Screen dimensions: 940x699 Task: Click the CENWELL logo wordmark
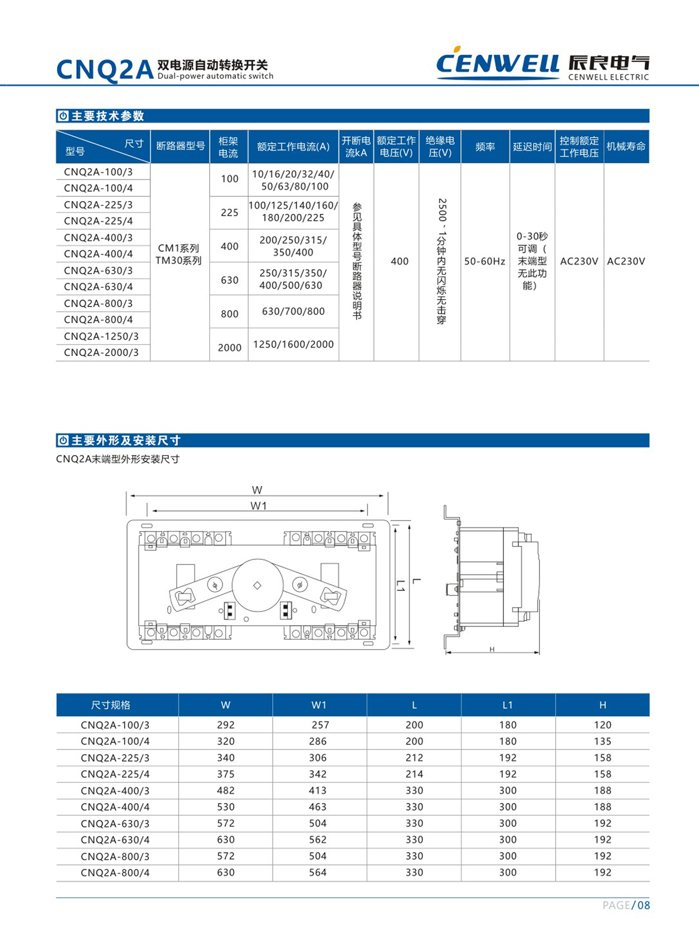click(x=497, y=63)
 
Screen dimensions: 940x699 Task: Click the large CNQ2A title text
click(x=105, y=70)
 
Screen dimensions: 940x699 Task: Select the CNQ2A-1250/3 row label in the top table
click(x=101, y=336)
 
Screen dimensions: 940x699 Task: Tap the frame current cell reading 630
click(x=230, y=280)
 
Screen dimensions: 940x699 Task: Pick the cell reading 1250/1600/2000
click(x=293, y=344)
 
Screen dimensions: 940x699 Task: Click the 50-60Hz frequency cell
click(x=485, y=261)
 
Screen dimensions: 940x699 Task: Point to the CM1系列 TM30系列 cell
click(x=179, y=255)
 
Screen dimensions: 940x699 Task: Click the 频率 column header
click(x=485, y=147)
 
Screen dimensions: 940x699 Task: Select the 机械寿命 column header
click(x=626, y=146)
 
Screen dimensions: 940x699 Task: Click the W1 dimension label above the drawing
click(x=258, y=506)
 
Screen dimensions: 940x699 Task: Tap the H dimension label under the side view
click(x=492, y=649)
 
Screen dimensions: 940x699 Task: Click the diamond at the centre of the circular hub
click(x=257, y=585)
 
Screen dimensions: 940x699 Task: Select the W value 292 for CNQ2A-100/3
click(x=225, y=725)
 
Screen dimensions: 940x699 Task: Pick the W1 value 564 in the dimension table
click(x=318, y=872)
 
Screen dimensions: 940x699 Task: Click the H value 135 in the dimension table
click(x=602, y=741)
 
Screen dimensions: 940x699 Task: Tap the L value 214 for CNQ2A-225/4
click(x=414, y=774)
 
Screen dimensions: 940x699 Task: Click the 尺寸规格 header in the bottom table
click(x=111, y=705)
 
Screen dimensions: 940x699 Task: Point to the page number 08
click(x=643, y=905)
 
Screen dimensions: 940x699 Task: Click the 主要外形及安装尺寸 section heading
click(x=126, y=441)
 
